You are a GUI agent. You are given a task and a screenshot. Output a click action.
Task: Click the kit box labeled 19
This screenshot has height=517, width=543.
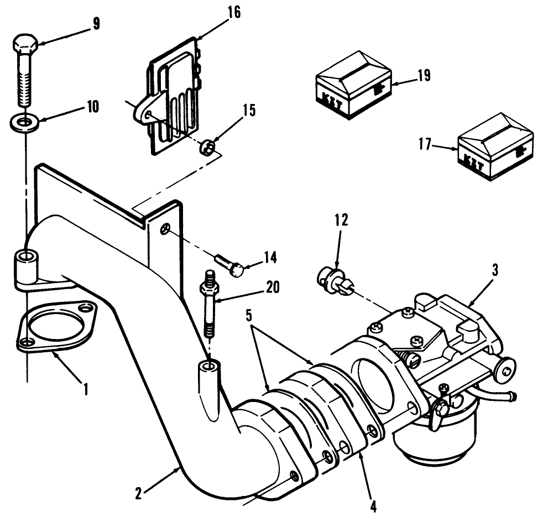(352, 91)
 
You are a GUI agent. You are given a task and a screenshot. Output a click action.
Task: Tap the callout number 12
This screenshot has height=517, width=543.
(341, 220)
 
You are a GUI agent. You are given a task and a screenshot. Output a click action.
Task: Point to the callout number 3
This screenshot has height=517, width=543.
(495, 270)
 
